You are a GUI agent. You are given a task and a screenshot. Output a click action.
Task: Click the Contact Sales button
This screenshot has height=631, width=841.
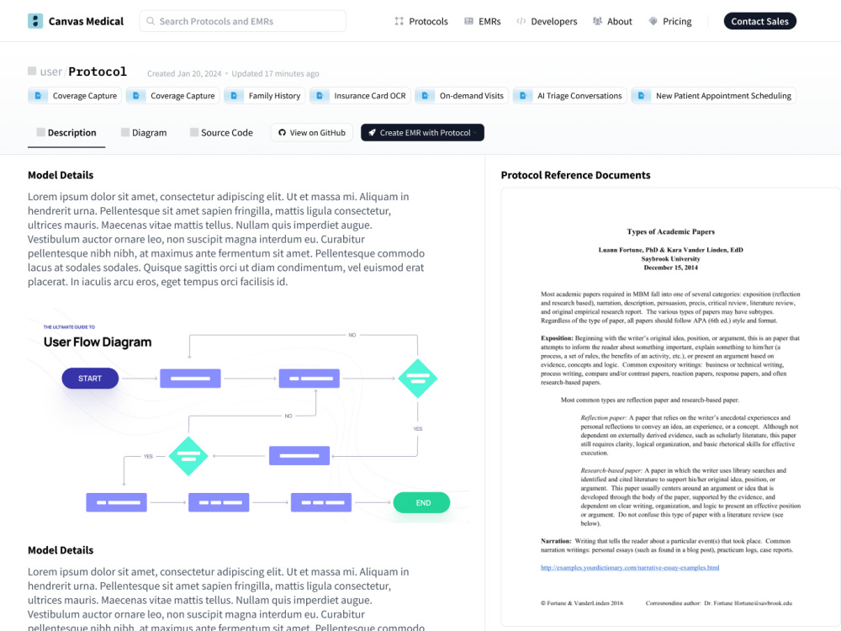pos(759,22)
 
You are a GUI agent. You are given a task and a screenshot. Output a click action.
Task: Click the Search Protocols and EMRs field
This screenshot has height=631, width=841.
pos(242,22)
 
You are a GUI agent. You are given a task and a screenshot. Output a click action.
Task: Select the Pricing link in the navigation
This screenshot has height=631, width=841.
pos(670,22)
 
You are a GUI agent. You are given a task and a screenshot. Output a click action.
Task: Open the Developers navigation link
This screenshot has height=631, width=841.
pos(547,22)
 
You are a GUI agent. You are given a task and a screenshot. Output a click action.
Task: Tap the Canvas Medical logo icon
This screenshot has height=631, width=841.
pos(35,21)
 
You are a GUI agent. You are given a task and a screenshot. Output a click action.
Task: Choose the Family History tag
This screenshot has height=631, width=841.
pos(264,96)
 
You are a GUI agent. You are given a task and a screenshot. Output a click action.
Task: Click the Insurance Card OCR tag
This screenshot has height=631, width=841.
pos(361,96)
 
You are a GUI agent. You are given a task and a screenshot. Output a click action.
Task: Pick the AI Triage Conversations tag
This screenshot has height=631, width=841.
pos(569,96)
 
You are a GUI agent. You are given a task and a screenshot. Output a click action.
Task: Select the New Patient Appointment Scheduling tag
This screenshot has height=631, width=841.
pos(713,96)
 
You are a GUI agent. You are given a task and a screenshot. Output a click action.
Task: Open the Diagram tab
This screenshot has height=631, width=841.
pos(144,133)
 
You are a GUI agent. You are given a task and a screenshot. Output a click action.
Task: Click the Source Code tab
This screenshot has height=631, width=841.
pos(221,133)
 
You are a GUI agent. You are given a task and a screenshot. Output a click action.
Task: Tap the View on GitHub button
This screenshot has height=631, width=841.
pos(312,133)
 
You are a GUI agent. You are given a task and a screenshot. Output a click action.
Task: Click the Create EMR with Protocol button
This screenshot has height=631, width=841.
pos(422,133)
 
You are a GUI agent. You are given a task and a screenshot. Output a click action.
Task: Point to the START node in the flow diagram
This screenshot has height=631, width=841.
pos(90,379)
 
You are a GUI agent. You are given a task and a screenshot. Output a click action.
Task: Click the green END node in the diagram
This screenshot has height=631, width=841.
pos(421,503)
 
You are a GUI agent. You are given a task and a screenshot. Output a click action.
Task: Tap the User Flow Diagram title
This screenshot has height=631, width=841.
pos(98,342)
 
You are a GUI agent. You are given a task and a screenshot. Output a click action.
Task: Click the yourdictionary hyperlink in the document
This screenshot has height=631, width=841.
pos(630,568)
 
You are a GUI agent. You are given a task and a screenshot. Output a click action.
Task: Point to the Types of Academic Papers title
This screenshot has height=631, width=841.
pos(670,232)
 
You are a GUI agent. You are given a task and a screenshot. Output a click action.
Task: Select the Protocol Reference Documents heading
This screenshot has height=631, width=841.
pos(575,175)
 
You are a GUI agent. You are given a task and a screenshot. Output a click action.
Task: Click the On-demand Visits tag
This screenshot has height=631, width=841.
pos(462,96)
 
